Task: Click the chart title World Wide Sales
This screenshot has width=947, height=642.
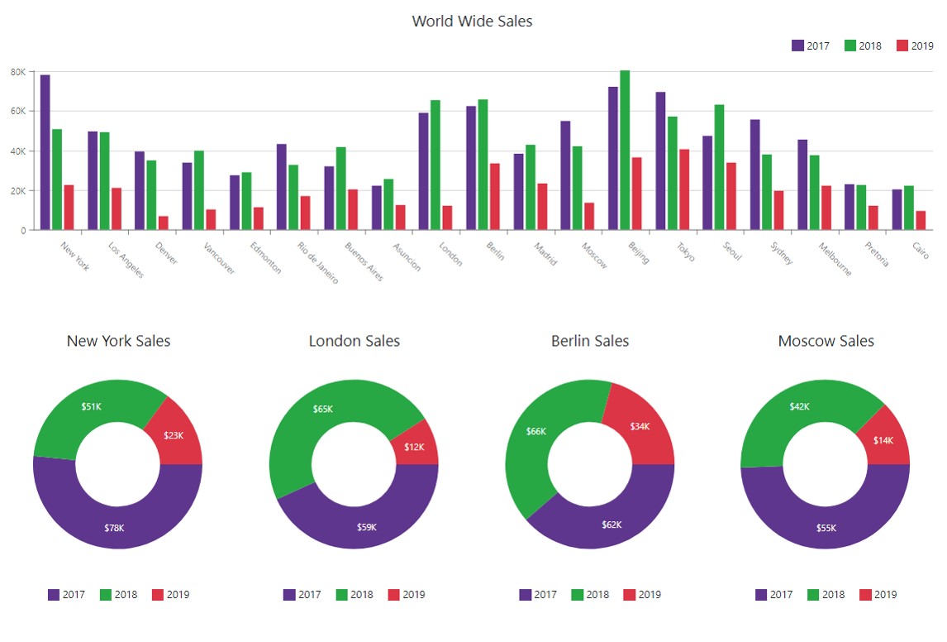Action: pyautogui.click(x=472, y=22)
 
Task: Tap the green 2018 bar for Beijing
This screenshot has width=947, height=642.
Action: pyautogui.click(x=625, y=150)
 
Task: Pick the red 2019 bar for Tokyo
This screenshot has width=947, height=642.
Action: pyautogui.click(x=684, y=189)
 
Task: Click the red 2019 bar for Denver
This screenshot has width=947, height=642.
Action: pyautogui.click(x=164, y=223)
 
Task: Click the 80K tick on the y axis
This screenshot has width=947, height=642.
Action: pyautogui.click(x=17, y=72)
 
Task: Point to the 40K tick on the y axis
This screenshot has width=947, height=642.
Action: pyautogui.click(x=17, y=151)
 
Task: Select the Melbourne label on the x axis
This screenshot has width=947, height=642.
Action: pyautogui.click(x=835, y=259)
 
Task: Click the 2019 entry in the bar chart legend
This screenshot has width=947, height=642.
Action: pyautogui.click(x=915, y=46)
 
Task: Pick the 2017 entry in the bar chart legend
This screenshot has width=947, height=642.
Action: pyautogui.click(x=811, y=46)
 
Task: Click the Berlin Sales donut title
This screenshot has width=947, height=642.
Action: pyautogui.click(x=590, y=341)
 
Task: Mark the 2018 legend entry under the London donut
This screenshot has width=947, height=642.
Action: pyautogui.click(x=354, y=594)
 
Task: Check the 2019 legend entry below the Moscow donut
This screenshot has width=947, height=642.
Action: pyautogui.click(x=878, y=594)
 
